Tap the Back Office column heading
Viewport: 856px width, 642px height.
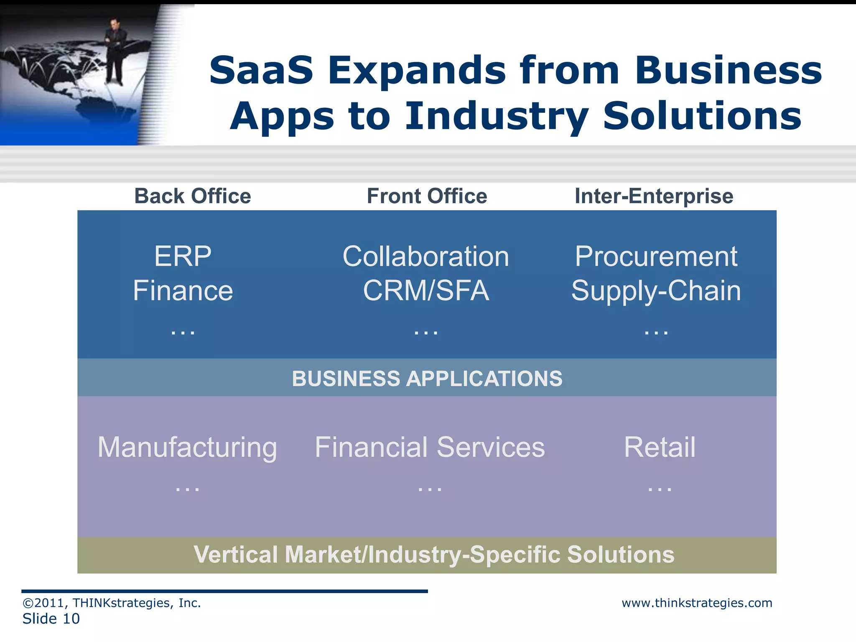click(x=192, y=196)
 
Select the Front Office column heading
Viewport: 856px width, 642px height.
click(x=427, y=196)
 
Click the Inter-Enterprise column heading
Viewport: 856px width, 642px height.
click(x=654, y=196)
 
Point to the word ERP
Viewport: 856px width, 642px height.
click(x=183, y=256)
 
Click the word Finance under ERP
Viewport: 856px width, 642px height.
click(x=183, y=291)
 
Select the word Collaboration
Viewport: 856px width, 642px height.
click(x=426, y=256)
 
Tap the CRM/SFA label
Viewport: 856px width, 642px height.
click(x=426, y=291)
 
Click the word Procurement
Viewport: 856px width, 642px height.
click(x=656, y=256)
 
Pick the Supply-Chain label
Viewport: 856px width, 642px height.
click(x=656, y=291)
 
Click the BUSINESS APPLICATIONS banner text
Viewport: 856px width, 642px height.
click(x=427, y=379)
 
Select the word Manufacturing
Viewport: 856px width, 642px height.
click(x=187, y=447)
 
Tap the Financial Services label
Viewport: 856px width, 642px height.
click(x=430, y=447)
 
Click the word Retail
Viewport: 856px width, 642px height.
click(x=660, y=447)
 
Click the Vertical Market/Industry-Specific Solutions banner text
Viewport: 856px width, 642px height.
click(x=434, y=555)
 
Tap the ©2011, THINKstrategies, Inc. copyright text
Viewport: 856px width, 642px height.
click(x=112, y=603)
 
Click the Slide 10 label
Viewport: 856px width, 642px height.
click(x=51, y=619)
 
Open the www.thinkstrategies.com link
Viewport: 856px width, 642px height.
click(x=697, y=603)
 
